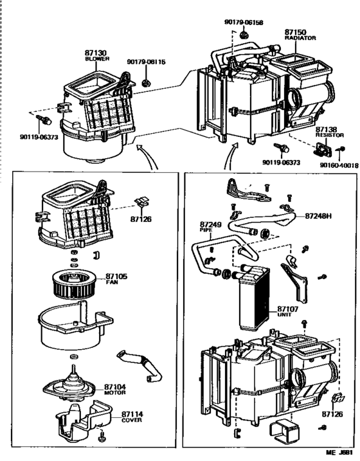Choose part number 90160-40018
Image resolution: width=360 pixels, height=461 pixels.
coord(338,165)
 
